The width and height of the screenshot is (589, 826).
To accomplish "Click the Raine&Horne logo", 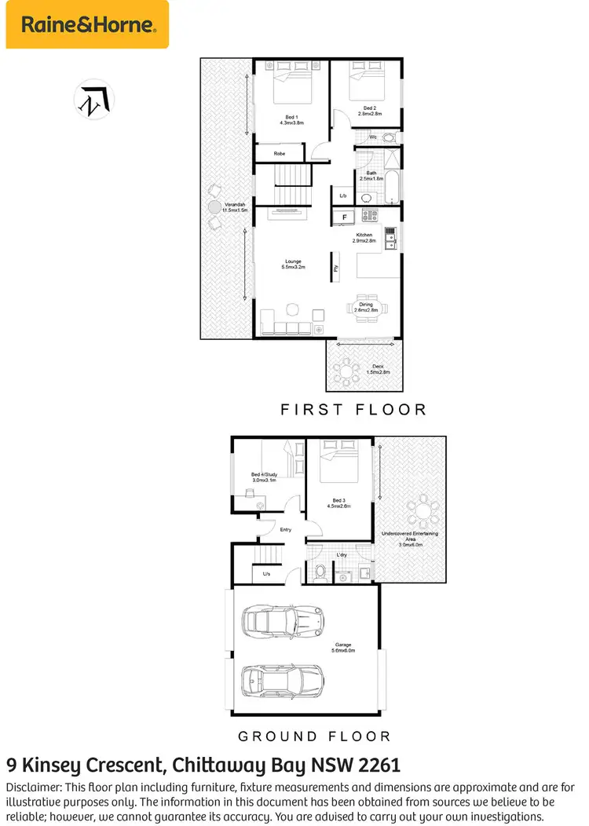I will click(87, 24).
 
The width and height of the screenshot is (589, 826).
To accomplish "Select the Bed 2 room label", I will click(370, 111).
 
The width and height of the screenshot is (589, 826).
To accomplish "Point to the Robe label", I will click(280, 154).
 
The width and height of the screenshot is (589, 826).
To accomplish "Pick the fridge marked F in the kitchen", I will click(344, 216).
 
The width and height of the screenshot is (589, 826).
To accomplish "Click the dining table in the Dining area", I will click(367, 307).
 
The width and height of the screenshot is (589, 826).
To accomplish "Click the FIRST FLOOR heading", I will click(353, 409).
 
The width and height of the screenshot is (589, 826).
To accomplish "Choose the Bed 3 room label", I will click(338, 503).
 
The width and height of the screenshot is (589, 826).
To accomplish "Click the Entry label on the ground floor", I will click(286, 530).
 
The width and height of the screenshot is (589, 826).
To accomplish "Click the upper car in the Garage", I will click(282, 619).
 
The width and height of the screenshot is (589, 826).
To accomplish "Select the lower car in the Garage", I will click(282, 679).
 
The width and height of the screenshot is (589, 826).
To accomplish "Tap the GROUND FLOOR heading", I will click(314, 736).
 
